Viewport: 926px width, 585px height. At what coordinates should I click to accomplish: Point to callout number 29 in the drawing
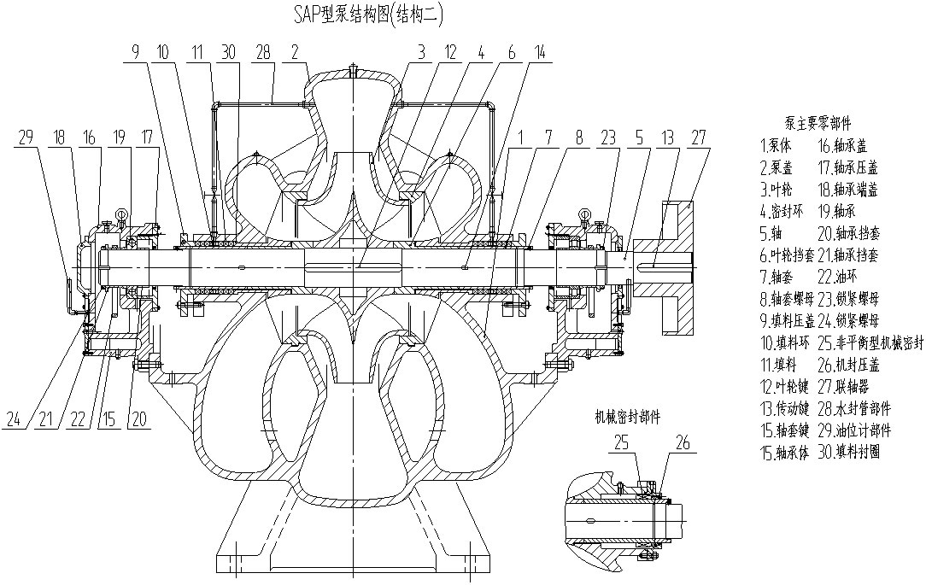[26, 137]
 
